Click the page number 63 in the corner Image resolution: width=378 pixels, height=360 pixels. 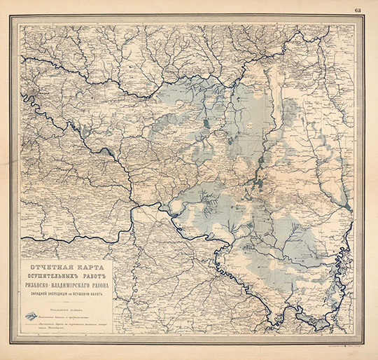click(x=358, y=8)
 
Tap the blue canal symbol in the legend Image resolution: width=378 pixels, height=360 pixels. click(x=31, y=316)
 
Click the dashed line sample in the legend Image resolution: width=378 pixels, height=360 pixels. click(x=31, y=325)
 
